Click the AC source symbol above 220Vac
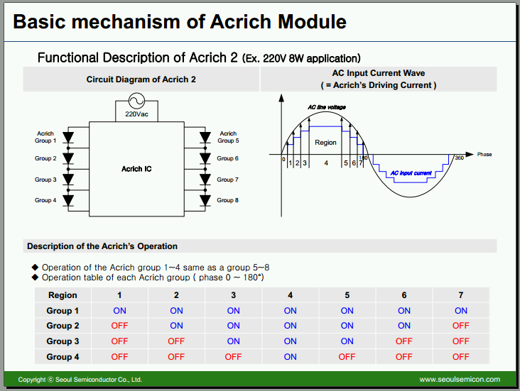[136, 101]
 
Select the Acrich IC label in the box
[136, 169]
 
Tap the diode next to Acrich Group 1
[68, 137]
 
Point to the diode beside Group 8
[205, 201]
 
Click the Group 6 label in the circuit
[227, 158]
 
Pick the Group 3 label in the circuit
[45, 180]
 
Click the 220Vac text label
[136, 114]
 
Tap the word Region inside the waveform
[325, 143]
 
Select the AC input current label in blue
[411, 173]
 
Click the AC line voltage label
[327, 107]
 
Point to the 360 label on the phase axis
[460, 158]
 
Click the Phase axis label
[484, 155]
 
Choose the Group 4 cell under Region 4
[290, 357]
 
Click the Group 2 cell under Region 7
[460, 326]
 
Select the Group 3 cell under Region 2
[176, 341]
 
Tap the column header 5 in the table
[347, 295]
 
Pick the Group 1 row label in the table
[63, 311]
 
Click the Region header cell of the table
[63, 295]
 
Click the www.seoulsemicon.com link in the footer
[460, 380]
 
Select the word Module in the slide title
[312, 22]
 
